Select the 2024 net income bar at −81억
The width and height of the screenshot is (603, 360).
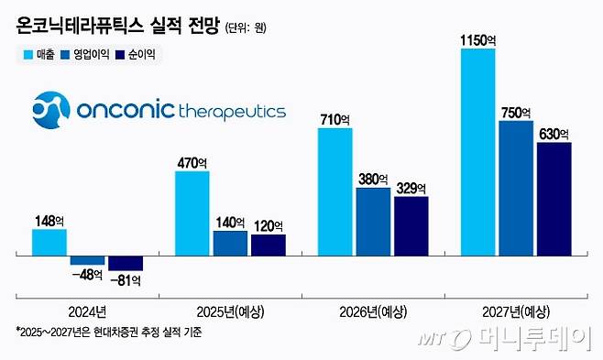pyautogui.click(x=126, y=263)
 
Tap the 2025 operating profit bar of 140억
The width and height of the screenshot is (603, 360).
pyautogui.click(x=230, y=243)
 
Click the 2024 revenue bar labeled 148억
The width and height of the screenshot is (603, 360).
pyautogui.click(x=49, y=242)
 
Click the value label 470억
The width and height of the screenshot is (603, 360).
pyautogui.click(x=192, y=161)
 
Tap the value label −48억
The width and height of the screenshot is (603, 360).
pyautogui.click(x=87, y=274)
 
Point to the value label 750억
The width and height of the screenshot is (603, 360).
pyautogui.click(x=516, y=112)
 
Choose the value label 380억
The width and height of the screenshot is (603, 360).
pyautogui.click(x=373, y=179)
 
